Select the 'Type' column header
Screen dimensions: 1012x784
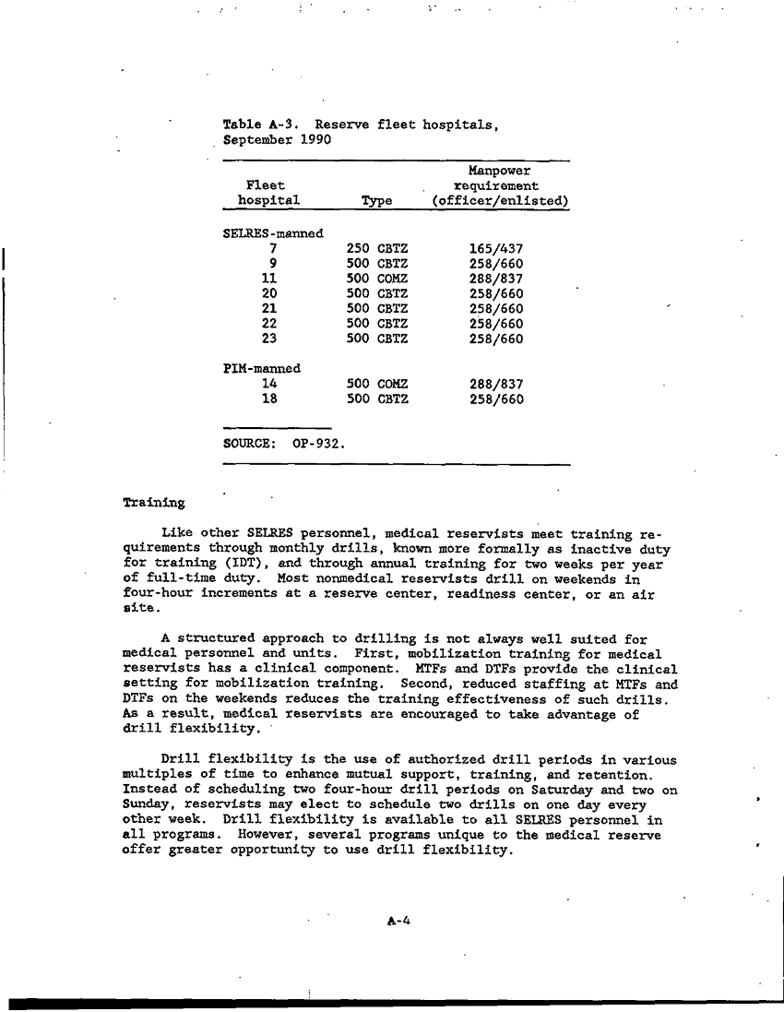(376, 201)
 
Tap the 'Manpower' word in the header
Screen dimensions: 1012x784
(499, 171)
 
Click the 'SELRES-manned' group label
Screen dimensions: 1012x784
(273, 233)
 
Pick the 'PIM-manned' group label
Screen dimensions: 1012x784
(262, 368)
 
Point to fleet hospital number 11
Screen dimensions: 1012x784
(270, 279)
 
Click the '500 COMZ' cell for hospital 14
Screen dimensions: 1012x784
(377, 384)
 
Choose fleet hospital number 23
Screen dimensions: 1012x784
(270, 339)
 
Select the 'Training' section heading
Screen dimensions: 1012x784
(153, 504)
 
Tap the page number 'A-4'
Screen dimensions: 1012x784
(398, 920)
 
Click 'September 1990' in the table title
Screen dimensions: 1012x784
(278, 140)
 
